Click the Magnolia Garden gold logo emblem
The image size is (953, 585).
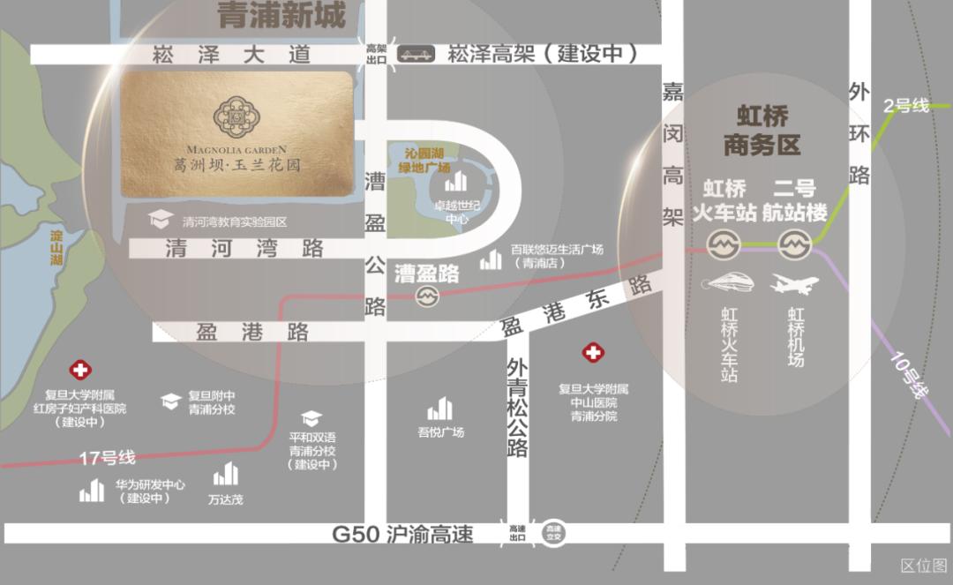coord(236,114)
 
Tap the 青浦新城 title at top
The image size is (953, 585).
coord(281,16)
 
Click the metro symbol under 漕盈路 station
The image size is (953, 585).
coord(428,296)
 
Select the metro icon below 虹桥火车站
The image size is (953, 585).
coord(724,243)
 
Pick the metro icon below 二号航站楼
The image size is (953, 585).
coord(794,243)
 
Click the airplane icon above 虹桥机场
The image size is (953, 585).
coord(794,284)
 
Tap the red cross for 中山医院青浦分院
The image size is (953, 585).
coord(593,353)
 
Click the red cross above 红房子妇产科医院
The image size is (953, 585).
coord(80,371)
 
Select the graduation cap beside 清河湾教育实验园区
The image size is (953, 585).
coord(159,220)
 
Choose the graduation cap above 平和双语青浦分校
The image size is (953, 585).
coord(311,418)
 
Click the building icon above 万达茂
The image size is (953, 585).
coord(226,475)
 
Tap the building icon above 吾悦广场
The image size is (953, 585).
coord(439,409)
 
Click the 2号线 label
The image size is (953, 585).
coord(907,106)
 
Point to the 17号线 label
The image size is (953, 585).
coord(107,458)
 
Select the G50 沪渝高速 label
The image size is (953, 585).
coord(402,534)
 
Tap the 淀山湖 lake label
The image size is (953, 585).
coord(56,249)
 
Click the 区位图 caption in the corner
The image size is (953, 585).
coord(923,566)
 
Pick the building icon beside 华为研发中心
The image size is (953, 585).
coord(92,491)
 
